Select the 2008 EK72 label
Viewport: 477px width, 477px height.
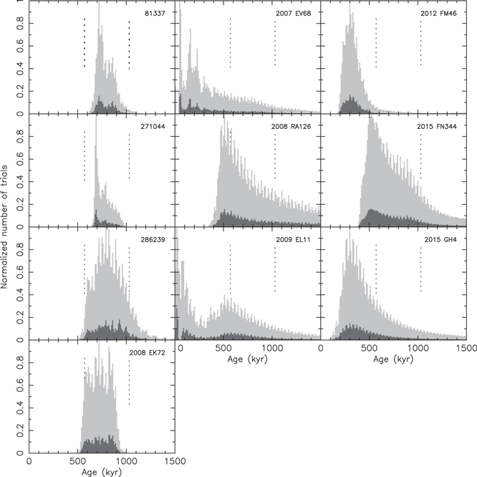[x=152, y=353]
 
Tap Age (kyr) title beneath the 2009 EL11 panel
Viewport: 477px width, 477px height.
[x=248, y=360]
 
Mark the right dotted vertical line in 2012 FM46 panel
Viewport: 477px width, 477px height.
[x=420, y=43]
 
